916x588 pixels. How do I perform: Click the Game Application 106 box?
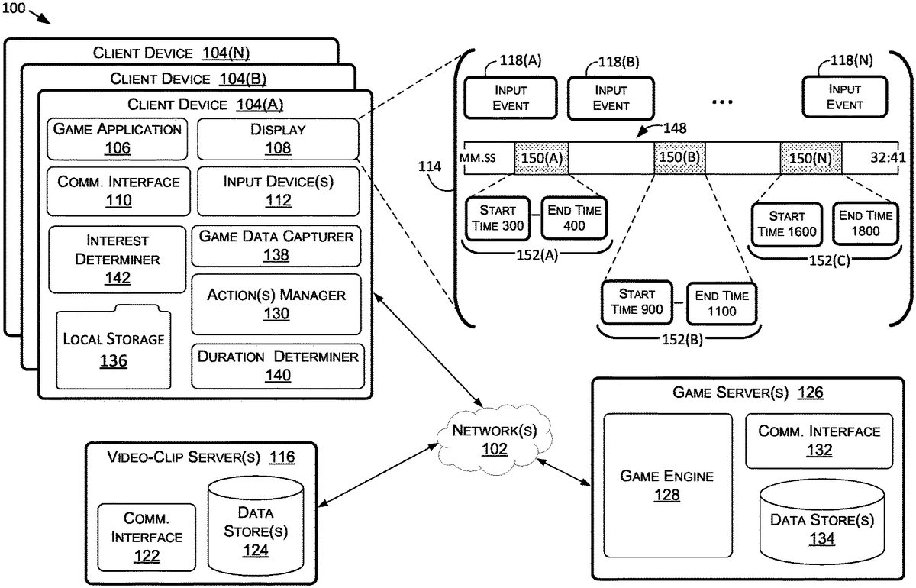tap(118, 138)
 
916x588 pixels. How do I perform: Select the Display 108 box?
tap(278, 138)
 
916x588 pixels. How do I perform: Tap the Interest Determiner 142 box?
tap(118, 259)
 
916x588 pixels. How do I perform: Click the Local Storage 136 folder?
tap(114, 349)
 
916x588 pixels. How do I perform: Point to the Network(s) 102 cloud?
tap(494, 439)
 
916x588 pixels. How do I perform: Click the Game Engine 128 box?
tap(667, 485)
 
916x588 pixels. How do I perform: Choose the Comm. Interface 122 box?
tap(147, 538)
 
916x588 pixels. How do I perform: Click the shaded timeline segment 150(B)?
tap(679, 159)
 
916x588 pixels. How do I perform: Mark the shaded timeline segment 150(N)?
tap(811, 159)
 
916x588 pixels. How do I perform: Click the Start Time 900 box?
tap(637, 302)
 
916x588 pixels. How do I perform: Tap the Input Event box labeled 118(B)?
tap(610, 99)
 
